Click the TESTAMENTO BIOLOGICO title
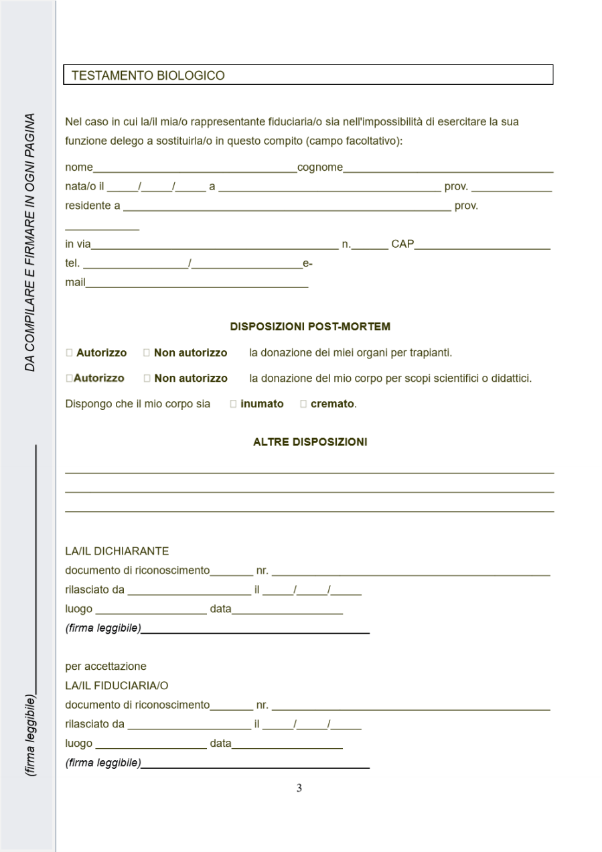pyautogui.click(x=148, y=76)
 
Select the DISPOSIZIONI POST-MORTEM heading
pyautogui.click(x=310, y=327)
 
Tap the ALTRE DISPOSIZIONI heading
pyautogui.click(x=310, y=442)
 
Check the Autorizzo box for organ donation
pyautogui.click(x=70, y=353)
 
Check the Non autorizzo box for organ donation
pyautogui.click(x=147, y=353)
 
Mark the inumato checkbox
pyautogui.click(x=233, y=404)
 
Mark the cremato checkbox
pyautogui.click(x=303, y=404)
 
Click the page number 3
pyautogui.click(x=299, y=788)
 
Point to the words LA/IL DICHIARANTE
pyautogui.click(x=117, y=551)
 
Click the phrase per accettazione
pyautogui.click(x=106, y=666)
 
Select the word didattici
pyautogui.click(x=508, y=378)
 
